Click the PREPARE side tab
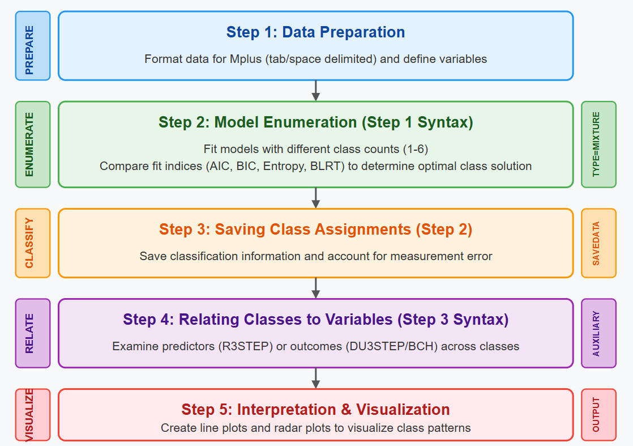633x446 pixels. [33, 46]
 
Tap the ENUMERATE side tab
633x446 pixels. [33, 144]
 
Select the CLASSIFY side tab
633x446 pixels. [33, 243]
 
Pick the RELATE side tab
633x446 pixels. [33, 333]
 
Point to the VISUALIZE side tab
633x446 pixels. [33, 414]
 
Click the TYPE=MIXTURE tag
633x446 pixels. [598, 144]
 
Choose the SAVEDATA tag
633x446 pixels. [598, 243]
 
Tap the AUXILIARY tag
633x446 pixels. [598, 333]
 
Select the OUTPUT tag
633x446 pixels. [598, 414]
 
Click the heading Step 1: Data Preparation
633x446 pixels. [315, 32]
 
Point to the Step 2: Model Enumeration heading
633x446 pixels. [315, 122]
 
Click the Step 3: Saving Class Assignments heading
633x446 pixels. [315, 230]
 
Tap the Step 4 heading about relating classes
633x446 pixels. [315, 320]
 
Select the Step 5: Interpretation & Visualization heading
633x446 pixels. [315, 409]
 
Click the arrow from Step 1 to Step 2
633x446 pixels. [316, 91]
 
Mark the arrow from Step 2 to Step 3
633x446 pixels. [316, 198]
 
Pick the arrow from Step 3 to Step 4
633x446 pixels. [316, 288]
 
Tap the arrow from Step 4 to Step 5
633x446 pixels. [316, 378]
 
